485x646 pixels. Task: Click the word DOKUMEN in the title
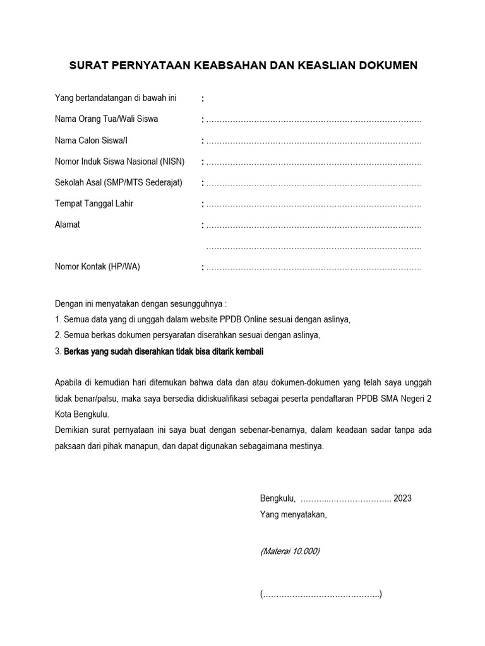pos(386,65)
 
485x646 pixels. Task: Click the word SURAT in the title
pos(87,65)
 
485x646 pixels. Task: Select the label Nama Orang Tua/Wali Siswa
pos(107,119)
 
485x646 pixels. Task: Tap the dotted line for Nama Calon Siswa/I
pos(314,141)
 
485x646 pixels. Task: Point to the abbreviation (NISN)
pos(172,161)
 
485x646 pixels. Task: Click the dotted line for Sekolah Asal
pos(314,184)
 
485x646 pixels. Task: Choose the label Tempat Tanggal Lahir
pos(94,204)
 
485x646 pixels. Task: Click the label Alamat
pos(68,225)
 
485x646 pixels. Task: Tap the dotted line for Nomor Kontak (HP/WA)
pos(314,267)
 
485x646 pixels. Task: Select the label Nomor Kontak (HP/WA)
pos(98,266)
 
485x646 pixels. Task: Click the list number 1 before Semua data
pos(57,319)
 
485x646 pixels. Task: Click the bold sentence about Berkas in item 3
pos(164,352)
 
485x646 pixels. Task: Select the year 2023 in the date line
pos(402,498)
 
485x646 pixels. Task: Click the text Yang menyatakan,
pos(294,514)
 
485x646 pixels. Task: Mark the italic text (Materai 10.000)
pos(290,551)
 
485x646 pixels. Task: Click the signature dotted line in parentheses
pos(321,594)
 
